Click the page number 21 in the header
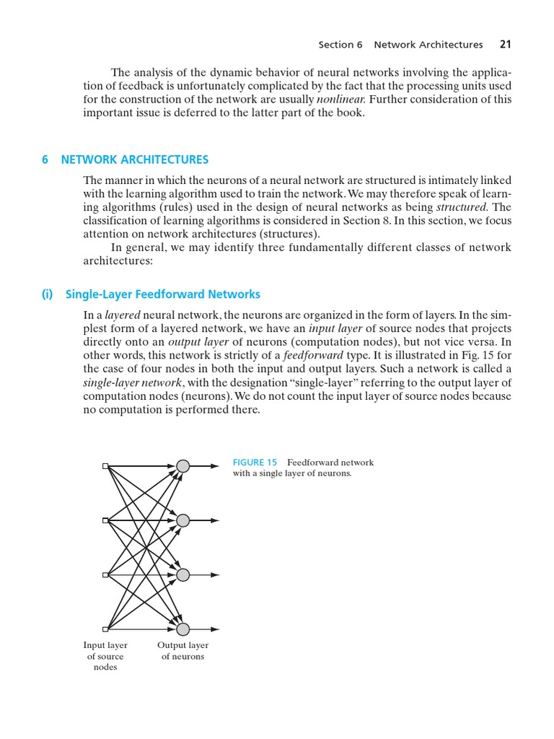[505, 45]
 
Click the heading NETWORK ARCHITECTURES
[135, 159]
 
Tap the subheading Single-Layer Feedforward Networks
[162, 294]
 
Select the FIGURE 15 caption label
[255, 462]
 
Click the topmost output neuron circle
[183, 466]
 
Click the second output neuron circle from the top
[183, 520]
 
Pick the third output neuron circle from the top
[183, 574]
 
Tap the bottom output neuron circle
[183, 629]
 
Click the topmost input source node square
[105, 466]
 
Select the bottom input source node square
[105, 629]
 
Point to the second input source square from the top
[105, 520]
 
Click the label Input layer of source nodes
[105, 656]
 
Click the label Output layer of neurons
[183, 650]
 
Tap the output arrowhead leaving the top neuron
[214, 466]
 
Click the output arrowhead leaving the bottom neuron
[214, 629]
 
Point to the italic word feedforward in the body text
[313, 356]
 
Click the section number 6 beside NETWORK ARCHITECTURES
[45, 159]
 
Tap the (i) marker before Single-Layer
[48, 294]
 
